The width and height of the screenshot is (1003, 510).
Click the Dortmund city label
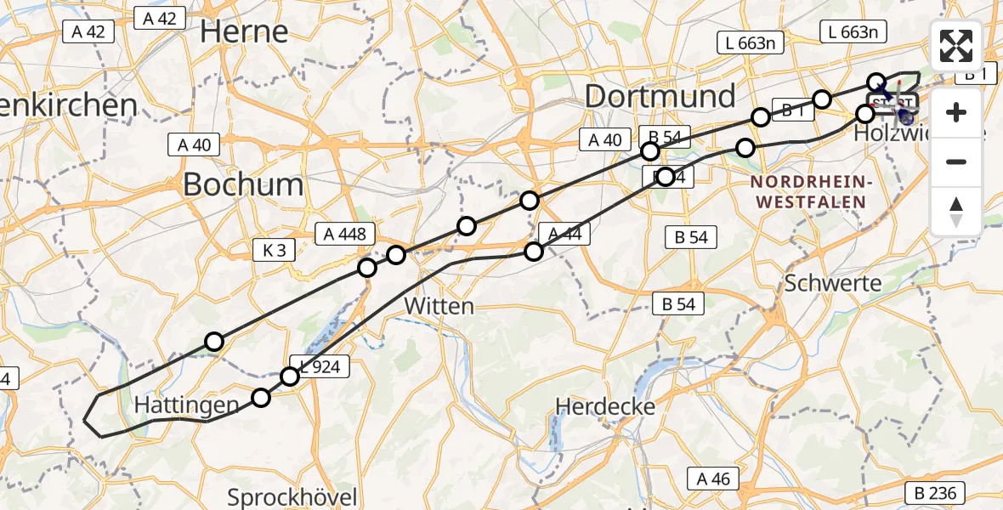coord(660,96)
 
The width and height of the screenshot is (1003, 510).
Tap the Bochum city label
coord(243,184)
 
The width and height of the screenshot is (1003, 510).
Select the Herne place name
coord(244,31)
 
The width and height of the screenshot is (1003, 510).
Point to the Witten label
coord(439,305)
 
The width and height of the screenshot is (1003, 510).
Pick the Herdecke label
coord(605,406)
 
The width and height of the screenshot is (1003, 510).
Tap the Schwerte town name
coord(834,284)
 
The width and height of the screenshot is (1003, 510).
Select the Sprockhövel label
coord(292,496)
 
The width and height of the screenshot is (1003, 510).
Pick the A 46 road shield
coord(712,479)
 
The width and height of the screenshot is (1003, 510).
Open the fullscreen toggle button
coord(956,46)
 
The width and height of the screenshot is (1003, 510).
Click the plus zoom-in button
coord(956,112)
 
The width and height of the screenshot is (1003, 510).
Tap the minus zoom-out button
coord(956,161)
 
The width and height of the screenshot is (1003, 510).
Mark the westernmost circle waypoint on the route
coord(214,342)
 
